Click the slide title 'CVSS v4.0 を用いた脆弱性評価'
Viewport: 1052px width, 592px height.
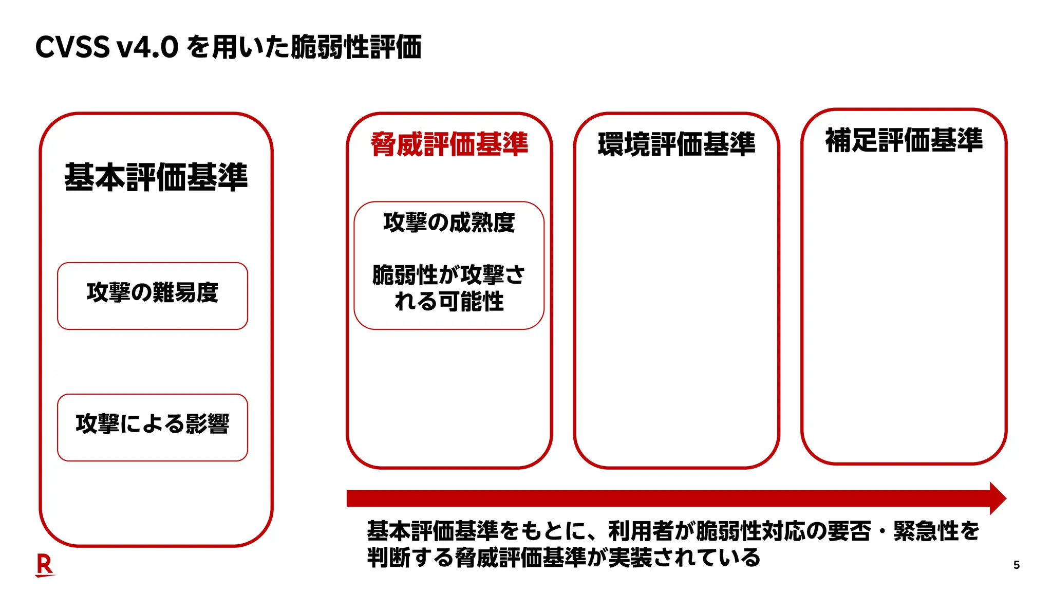pos(229,47)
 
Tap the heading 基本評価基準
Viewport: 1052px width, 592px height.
pos(156,177)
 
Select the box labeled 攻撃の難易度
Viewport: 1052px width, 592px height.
pos(153,295)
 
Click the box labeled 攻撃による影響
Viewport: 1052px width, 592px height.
pos(153,427)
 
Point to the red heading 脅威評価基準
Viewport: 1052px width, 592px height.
pos(449,144)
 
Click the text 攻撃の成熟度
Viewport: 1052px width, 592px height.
pos(449,223)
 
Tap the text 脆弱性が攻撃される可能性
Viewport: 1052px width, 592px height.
pos(449,288)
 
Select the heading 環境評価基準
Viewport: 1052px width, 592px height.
pos(677,144)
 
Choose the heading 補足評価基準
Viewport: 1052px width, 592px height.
pos(904,140)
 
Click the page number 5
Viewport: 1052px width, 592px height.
pos(1017,565)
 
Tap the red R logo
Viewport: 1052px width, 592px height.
pos(45,565)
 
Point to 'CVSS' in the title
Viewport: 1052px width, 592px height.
pos(72,47)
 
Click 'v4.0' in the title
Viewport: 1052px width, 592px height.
pos(148,47)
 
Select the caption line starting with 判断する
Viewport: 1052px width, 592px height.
pos(563,557)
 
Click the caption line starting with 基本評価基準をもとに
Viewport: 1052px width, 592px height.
pos(673,531)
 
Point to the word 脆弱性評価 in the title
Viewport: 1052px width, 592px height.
pos(356,47)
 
